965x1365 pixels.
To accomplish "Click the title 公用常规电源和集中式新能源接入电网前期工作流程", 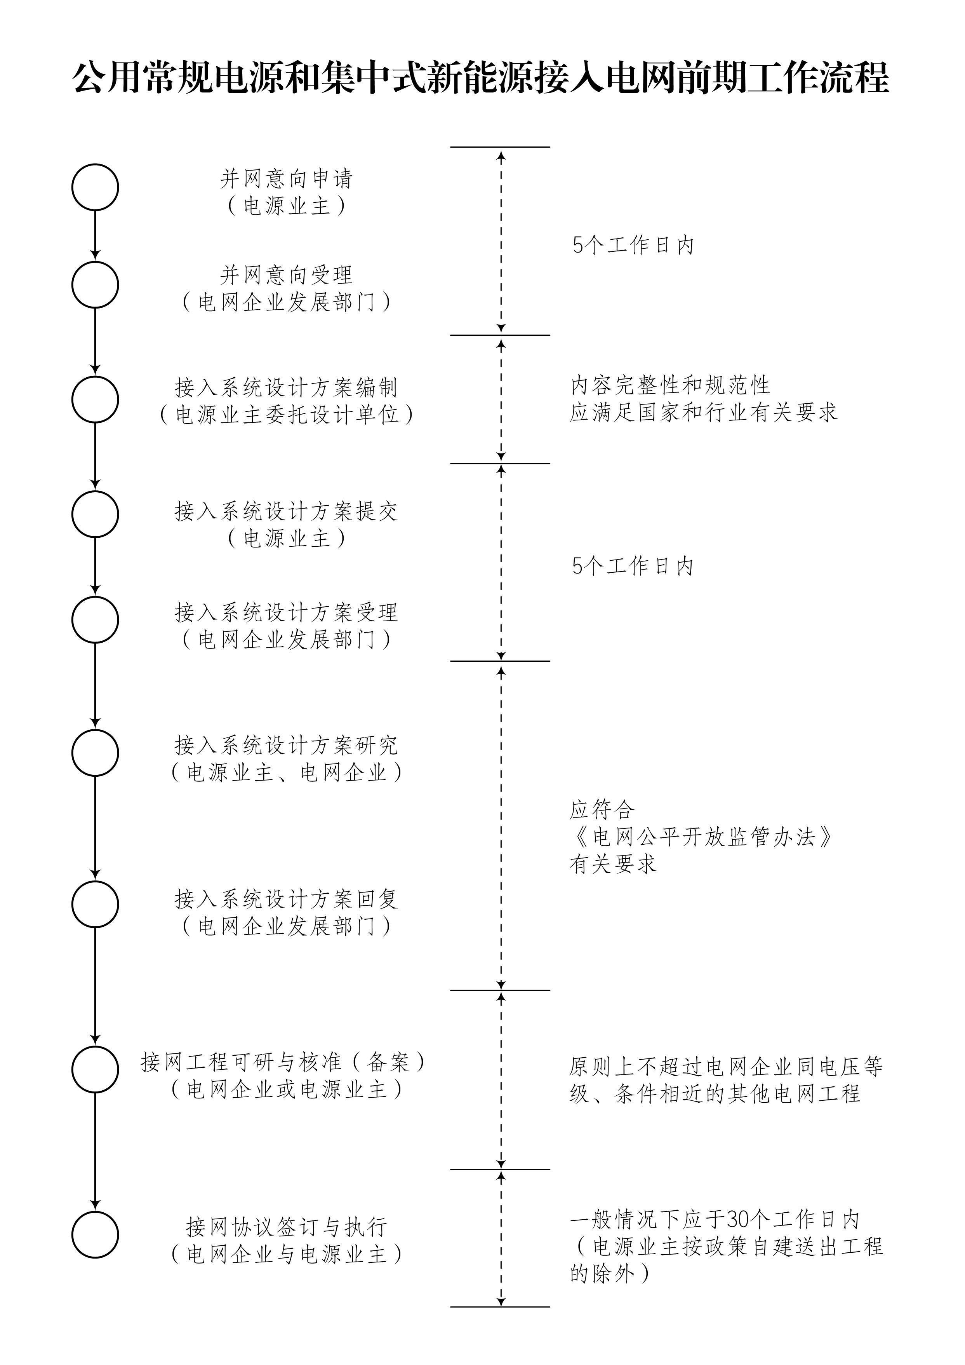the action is coord(481,77).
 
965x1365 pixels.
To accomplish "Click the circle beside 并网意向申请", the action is coord(73,187).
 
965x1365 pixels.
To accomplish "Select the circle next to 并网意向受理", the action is coord(73,285).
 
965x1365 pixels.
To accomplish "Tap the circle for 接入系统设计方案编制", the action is coord(73,399).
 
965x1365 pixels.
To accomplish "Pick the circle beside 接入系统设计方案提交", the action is coord(73,514).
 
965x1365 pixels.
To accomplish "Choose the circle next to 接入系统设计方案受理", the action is coord(73,619).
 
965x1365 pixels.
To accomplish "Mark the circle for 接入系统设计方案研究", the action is coord(73,753).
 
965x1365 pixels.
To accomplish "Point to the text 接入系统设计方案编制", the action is coord(287,388).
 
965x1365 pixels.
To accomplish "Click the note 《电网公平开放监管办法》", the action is coord(701,837).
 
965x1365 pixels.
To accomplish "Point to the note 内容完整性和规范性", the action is coord(670,385).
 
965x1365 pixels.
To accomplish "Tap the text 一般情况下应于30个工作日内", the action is coord(715,1220).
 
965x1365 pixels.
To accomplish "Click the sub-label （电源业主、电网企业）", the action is coord(287,772).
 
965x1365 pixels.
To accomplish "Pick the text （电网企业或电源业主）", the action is coord(287,1089).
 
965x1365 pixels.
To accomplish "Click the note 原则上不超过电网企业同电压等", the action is coord(726,1067).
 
